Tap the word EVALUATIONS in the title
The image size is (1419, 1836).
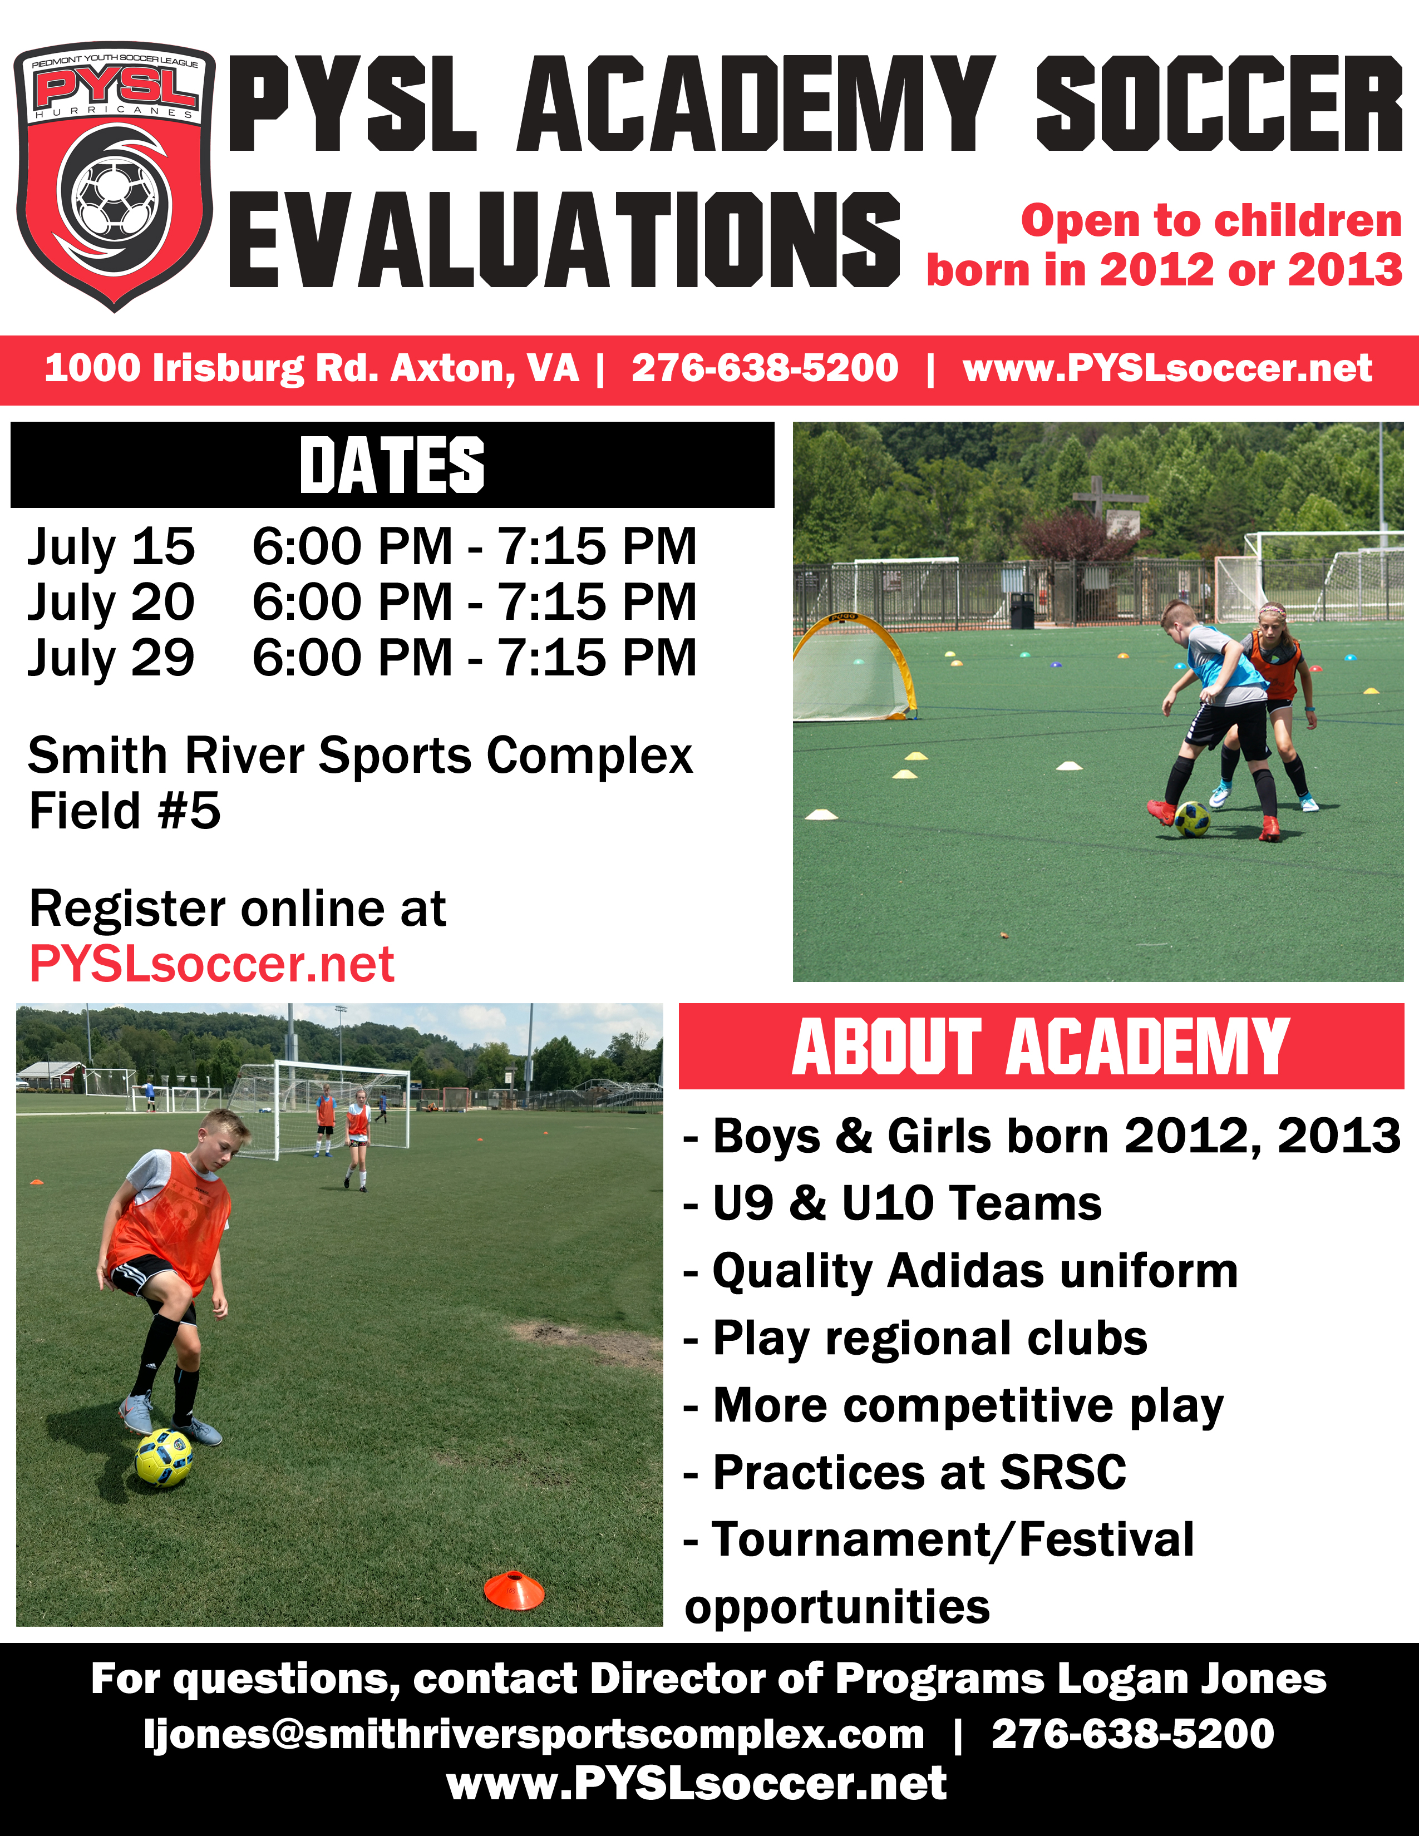(565, 240)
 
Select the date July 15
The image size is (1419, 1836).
(111, 547)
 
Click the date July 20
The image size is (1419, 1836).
(111, 603)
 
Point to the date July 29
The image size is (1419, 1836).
(111, 658)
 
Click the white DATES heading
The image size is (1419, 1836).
(392, 465)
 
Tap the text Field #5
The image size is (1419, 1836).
(125, 811)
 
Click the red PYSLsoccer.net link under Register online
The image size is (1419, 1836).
(212, 964)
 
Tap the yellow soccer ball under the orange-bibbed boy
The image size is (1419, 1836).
(164, 1458)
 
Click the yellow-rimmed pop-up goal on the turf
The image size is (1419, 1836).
(853, 668)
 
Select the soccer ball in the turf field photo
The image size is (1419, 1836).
(1192, 819)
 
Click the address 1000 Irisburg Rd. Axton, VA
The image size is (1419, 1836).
(312, 369)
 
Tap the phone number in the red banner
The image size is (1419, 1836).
(765, 368)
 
